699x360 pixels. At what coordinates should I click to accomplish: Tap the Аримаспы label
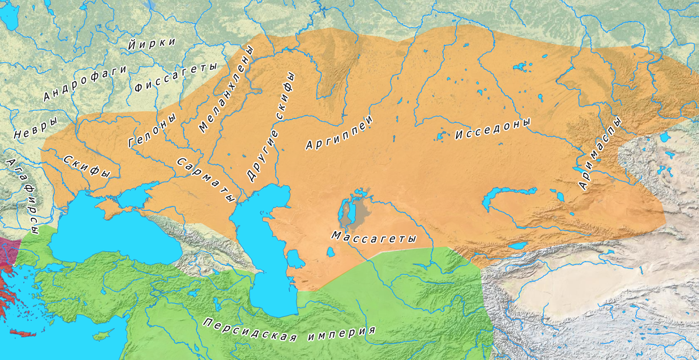pos(601,153)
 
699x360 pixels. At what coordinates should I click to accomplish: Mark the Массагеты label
pos(373,238)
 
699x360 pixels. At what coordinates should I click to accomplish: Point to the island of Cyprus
pos(104,336)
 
